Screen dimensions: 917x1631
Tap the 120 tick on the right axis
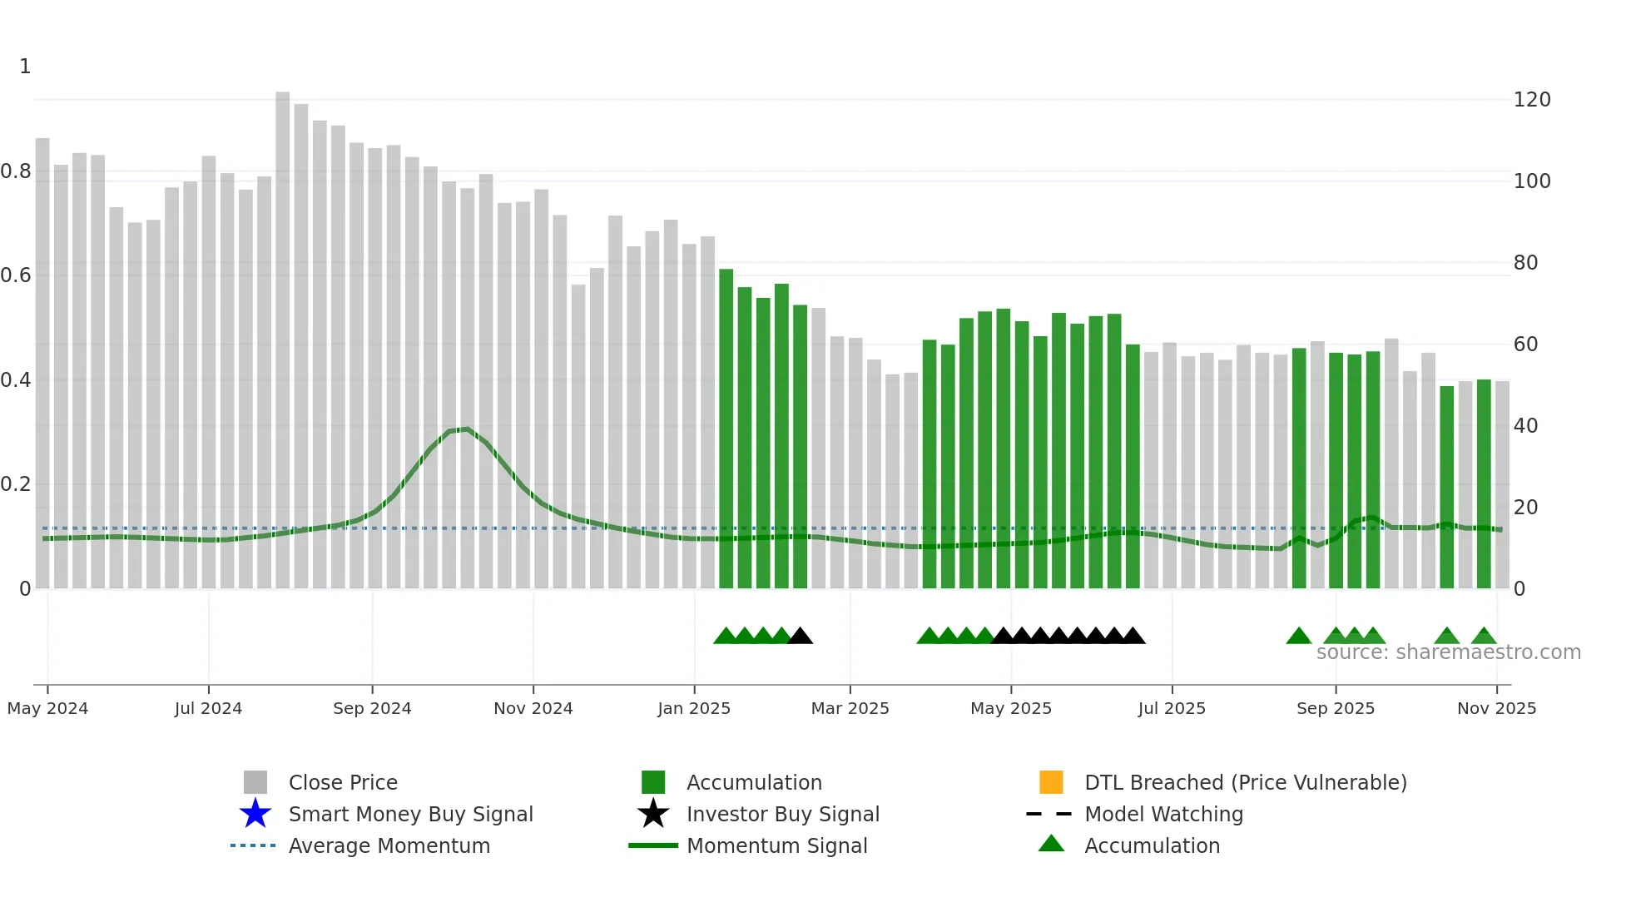[1531, 100]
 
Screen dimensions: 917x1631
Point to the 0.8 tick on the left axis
[17, 171]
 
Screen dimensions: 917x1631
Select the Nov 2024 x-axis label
[533, 708]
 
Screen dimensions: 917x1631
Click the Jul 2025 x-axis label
[1172, 708]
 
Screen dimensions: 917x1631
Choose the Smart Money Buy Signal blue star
[255, 814]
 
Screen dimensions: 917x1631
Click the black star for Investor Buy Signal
[653, 814]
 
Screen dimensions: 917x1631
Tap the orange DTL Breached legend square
[1051, 782]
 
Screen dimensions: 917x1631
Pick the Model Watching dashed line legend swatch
[1048, 814]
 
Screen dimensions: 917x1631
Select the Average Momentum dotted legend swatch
[253, 845]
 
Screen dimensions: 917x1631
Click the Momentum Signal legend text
[776, 845]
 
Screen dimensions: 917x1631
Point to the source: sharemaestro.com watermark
[1448, 652]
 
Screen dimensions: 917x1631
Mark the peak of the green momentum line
[468, 429]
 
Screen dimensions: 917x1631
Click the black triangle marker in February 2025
[800, 637]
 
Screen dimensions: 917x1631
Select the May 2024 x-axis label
[47, 708]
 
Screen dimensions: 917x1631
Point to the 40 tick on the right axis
[1525, 426]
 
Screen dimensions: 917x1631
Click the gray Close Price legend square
[255, 782]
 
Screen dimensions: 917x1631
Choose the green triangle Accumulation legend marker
[1051, 844]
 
